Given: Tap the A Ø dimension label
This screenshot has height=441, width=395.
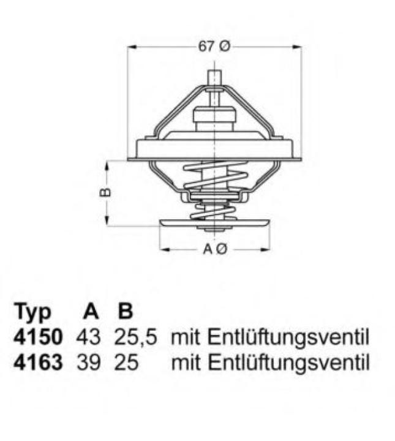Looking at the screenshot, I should [x=215, y=249].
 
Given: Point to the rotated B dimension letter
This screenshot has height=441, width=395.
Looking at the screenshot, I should [x=105, y=192].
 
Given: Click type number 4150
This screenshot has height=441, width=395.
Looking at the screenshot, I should [x=37, y=337].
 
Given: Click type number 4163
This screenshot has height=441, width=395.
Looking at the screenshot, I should [x=37, y=363].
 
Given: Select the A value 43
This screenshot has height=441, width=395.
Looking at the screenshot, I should [x=89, y=337].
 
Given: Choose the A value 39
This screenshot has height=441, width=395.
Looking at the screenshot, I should [x=89, y=363].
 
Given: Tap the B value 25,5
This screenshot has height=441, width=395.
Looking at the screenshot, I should [x=135, y=337].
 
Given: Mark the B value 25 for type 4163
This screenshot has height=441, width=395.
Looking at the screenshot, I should [x=126, y=363].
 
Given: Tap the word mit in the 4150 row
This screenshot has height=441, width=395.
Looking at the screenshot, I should [x=187, y=337].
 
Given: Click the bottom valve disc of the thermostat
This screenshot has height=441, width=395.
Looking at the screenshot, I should [x=214, y=225].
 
